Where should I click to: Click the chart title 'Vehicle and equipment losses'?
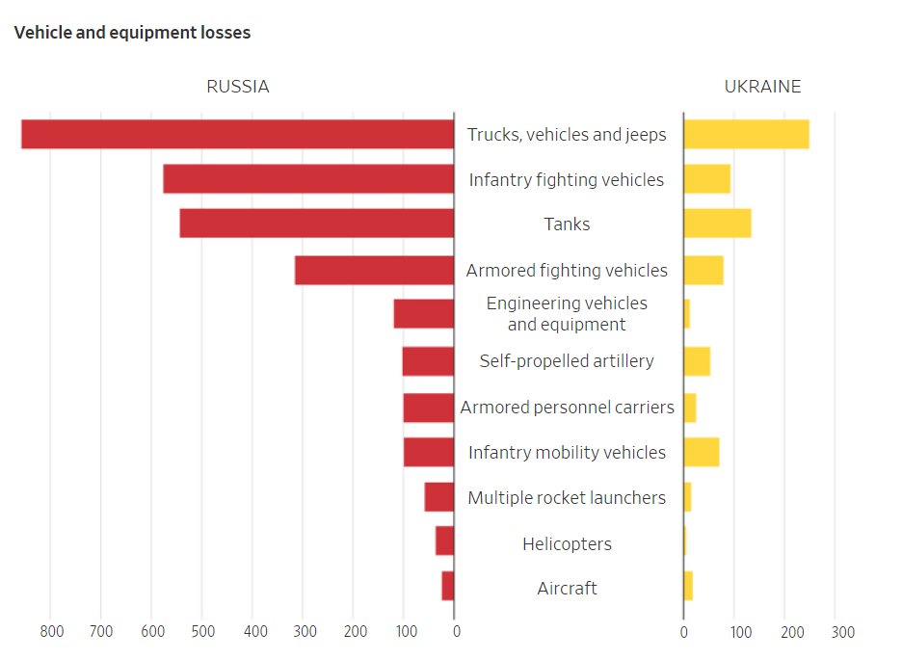[x=132, y=33]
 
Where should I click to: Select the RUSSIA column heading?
[x=238, y=87]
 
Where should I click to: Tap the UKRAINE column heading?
[x=762, y=87]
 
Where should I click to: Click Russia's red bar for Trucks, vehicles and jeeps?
[x=237, y=134]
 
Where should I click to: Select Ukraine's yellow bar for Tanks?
[x=717, y=224]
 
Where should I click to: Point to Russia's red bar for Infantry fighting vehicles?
[x=308, y=179]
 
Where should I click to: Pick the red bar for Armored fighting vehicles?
[x=374, y=270]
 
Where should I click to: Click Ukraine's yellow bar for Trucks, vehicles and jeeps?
[x=746, y=134]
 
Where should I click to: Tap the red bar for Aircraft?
[x=447, y=587]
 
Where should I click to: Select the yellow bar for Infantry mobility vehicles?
[x=701, y=452]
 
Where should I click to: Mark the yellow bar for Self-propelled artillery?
[x=697, y=361]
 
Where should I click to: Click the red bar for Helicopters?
[x=444, y=541]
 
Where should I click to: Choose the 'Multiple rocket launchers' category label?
[x=567, y=498]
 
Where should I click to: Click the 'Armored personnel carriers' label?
[x=567, y=408]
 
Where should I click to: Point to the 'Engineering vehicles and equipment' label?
[x=567, y=314]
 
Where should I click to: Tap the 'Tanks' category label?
[x=567, y=224]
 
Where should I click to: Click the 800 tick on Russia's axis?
[x=51, y=632]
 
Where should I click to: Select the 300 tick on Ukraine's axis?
[x=843, y=633]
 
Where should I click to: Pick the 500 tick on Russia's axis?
[x=202, y=632]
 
